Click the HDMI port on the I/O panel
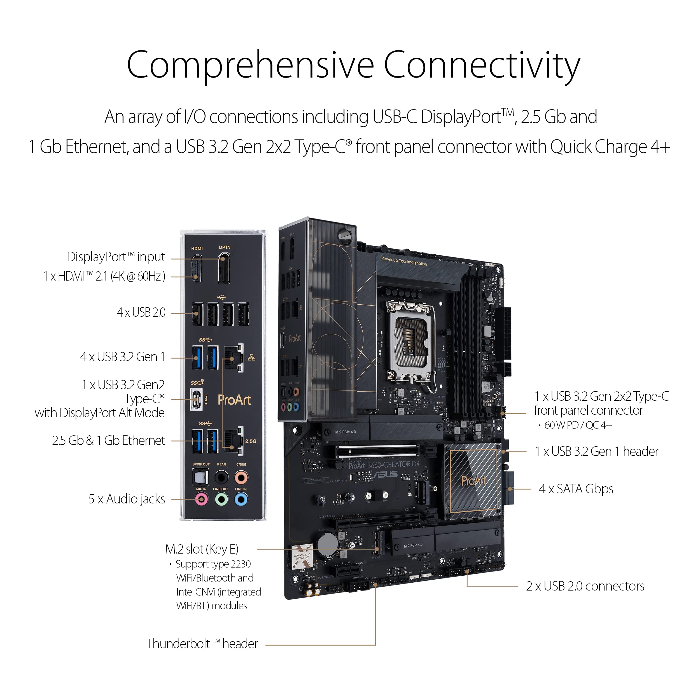coord(197,269)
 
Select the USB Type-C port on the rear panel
coord(196,400)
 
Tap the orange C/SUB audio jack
coord(241,477)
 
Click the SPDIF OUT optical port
coord(200,477)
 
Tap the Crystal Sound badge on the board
coord(302,556)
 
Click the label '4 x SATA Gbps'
coord(576,489)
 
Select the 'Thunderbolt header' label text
coord(202,644)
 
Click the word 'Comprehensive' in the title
coord(250,65)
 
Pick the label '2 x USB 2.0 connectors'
coord(585,586)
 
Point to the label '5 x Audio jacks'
coord(127,499)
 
